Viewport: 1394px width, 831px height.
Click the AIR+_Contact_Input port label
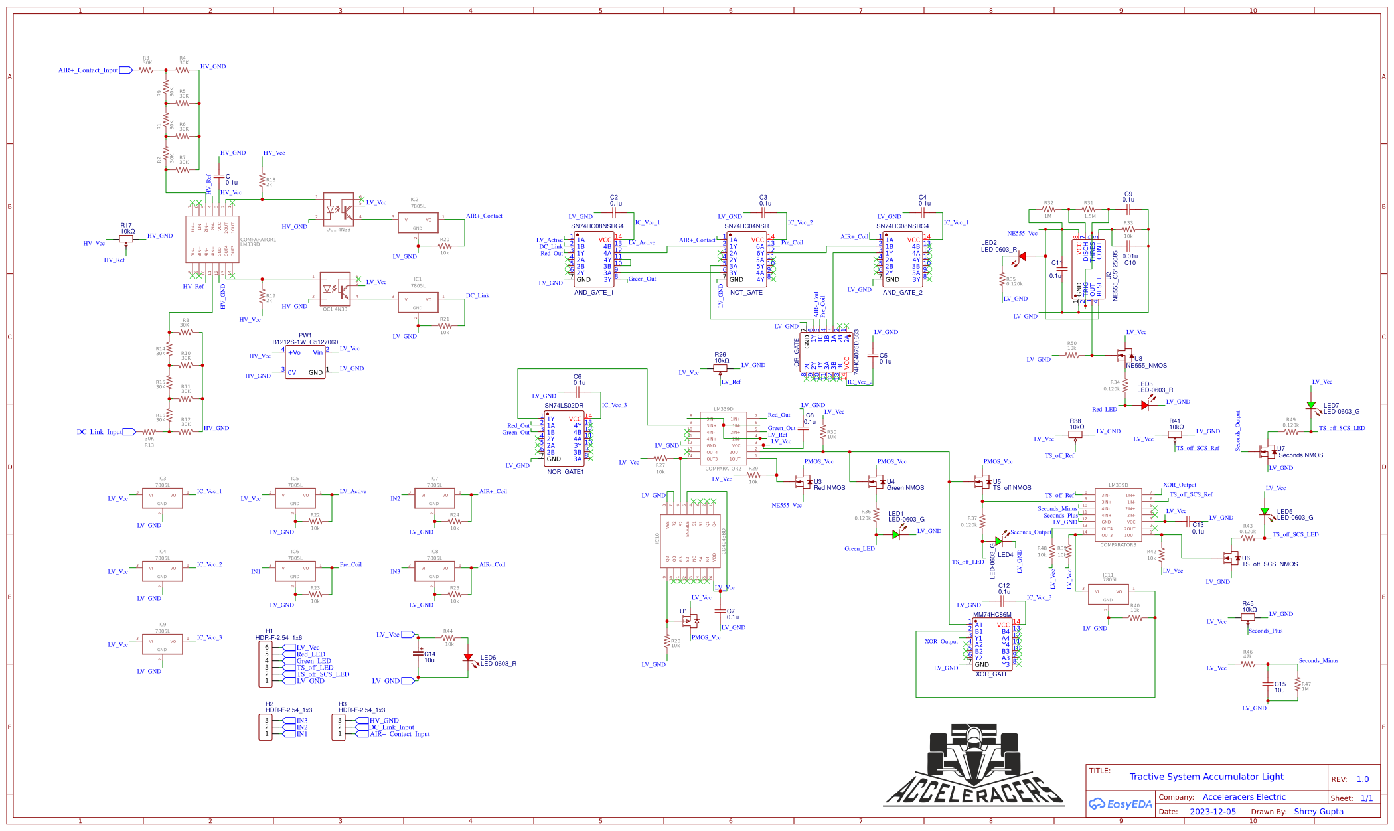(88, 70)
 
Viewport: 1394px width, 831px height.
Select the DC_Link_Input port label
(100, 432)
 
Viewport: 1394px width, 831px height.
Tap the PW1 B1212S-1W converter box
(305, 362)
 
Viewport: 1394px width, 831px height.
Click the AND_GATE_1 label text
(593, 293)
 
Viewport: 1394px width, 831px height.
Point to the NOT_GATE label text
(746, 293)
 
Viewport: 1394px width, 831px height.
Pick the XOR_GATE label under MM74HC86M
(992, 674)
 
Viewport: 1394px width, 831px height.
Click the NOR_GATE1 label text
(565, 472)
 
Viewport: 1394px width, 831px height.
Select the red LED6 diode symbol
(468, 658)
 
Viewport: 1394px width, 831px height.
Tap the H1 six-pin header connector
(265, 664)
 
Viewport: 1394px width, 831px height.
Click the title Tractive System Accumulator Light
(1206, 777)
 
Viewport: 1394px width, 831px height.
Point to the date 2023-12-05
(1213, 812)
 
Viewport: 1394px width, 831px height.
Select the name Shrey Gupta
(1318, 812)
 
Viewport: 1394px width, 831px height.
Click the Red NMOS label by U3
(829, 488)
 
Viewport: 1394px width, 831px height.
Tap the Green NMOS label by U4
(905, 488)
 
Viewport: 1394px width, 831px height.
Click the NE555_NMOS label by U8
(1146, 366)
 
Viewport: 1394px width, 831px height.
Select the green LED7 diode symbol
(1311, 405)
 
